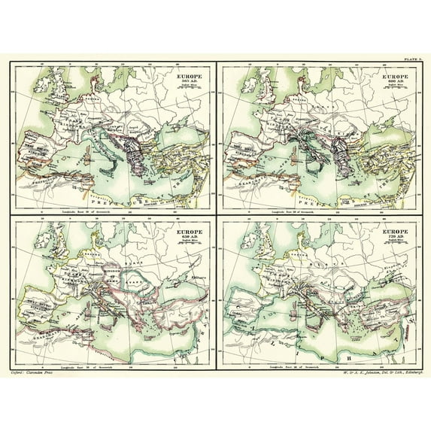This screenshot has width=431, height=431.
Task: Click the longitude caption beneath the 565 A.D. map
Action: coord(110,204)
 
